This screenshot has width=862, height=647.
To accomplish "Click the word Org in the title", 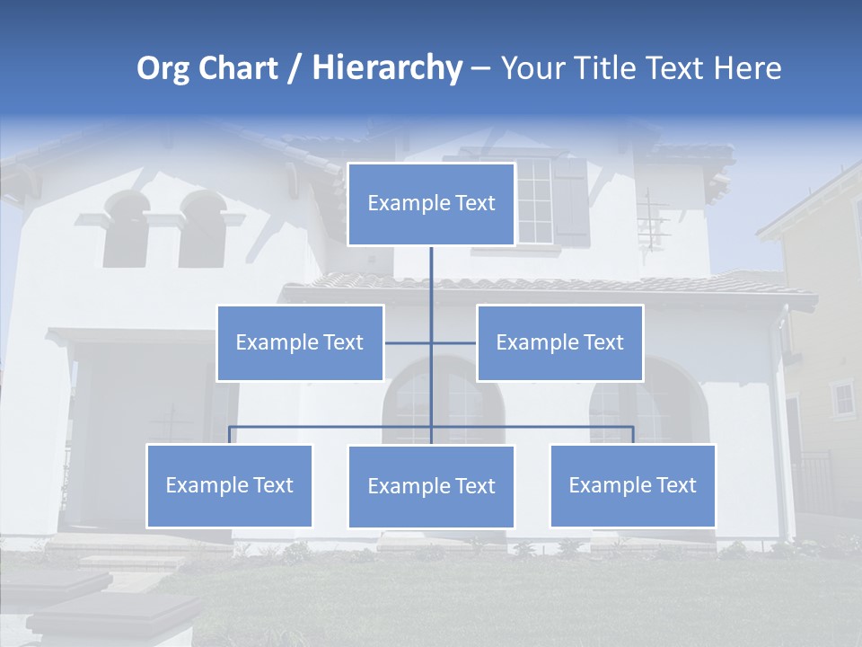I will [163, 68].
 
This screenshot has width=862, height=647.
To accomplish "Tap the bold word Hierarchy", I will [387, 68].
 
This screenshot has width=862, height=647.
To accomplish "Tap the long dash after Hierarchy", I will [480, 70].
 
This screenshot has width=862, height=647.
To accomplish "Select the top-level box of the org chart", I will [431, 204].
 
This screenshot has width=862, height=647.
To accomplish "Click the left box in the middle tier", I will [300, 342].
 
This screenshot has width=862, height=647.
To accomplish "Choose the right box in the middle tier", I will [559, 342].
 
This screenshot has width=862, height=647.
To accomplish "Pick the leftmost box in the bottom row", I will [229, 485].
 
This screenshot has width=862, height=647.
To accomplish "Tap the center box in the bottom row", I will [431, 486].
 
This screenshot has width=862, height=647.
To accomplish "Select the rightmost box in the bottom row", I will [632, 485].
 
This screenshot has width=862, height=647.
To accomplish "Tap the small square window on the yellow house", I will [843, 398].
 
